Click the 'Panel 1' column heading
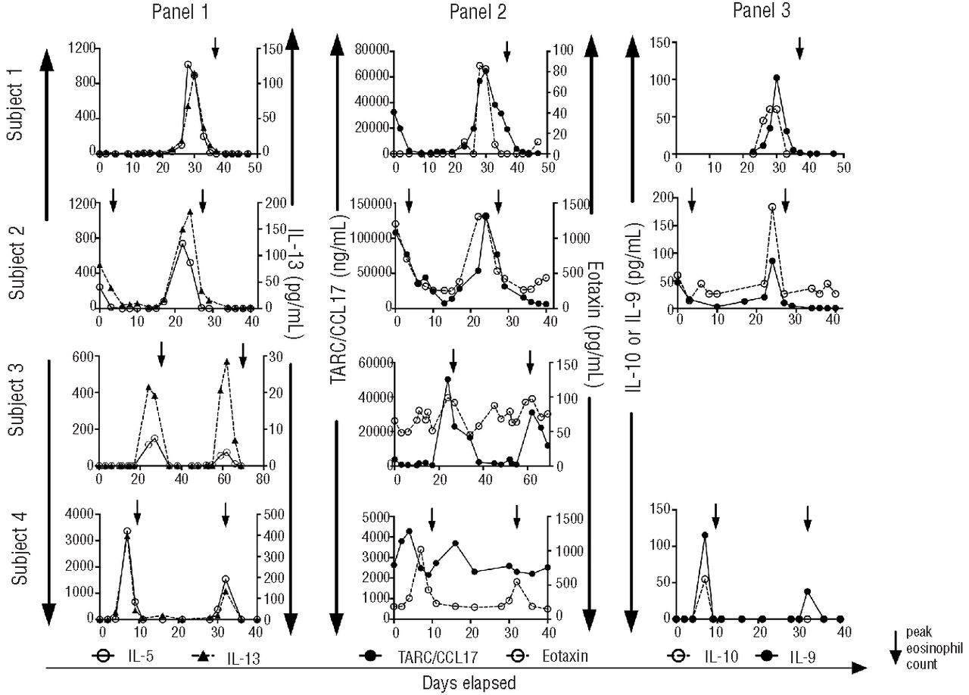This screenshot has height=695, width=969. [179, 11]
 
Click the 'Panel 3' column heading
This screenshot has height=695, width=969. [762, 11]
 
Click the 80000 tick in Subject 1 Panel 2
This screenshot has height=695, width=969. [369, 50]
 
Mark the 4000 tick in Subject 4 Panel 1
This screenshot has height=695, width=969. [80, 514]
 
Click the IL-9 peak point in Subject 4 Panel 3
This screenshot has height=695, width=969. [705, 534]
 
